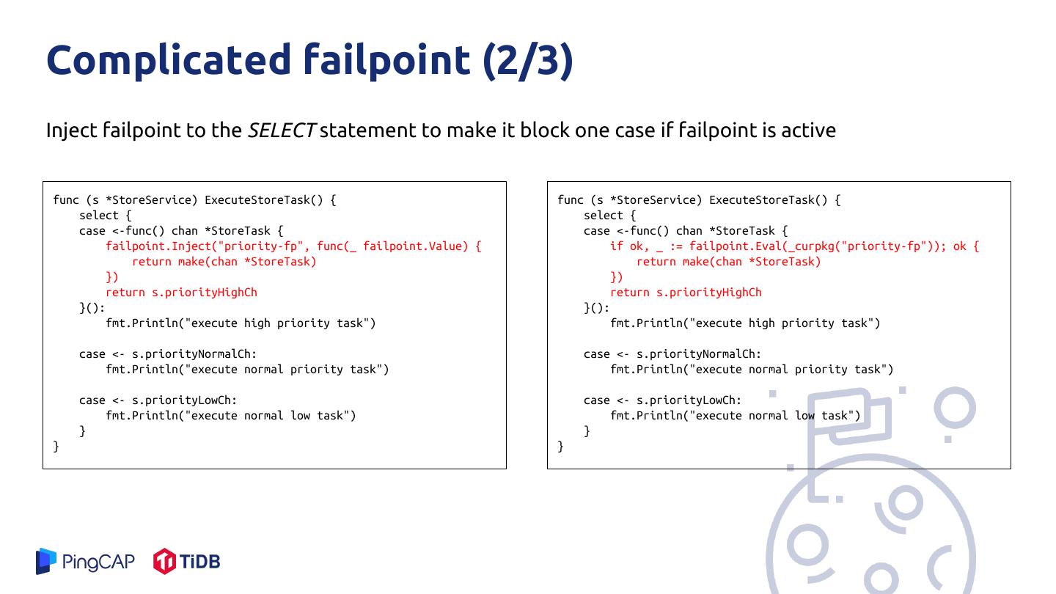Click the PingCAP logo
pyautogui.click(x=85, y=562)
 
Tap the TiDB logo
pyautogui.click(x=186, y=562)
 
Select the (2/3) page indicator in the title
pyautogui.click(x=528, y=60)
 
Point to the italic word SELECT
pyautogui.click(x=281, y=131)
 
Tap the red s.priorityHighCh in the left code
pyautogui.click(x=205, y=293)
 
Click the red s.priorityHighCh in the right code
pyautogui.click(x=709, y=293)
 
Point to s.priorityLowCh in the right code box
pyautogui.click(x=689, y=400)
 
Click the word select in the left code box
pyautogui.click(x=99, y=216)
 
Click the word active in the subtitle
pyautogui.click(x=808, y=131)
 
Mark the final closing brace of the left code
pyautogui.click(x=56, y=447)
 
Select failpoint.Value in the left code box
pyautogui.click(x=415, y=246)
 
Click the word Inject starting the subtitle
pyautogui.click(x=71, y=131)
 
